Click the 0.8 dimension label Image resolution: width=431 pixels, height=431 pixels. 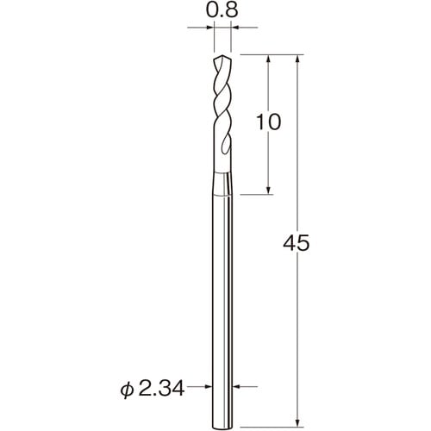pyautogui.click(x=222, y=11)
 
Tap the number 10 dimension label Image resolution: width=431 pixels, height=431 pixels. pyautogui.click(x=268, y=122)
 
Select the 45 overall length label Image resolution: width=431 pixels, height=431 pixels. pyautogui.click(x=296, y=243)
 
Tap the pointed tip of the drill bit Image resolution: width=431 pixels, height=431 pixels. pyautogui.click(x=222, y=56)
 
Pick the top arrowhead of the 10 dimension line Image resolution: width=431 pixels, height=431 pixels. pyautogui.click(x=269, y=59)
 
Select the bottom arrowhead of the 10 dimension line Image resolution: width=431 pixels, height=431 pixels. pyautogui.click(x=268, y=191)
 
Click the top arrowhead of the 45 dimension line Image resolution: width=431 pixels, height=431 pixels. pyautogui.click(x=298, y=59)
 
